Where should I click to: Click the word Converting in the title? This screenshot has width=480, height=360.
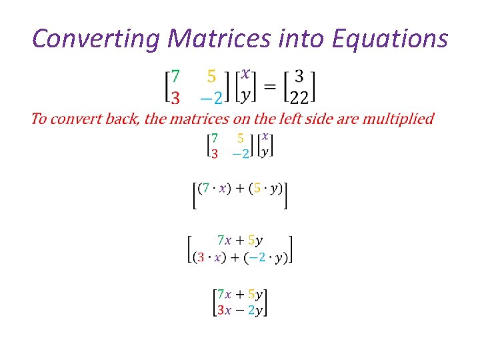(x=96, y=39)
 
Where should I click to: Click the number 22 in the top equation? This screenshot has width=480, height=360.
(x=299, y=97)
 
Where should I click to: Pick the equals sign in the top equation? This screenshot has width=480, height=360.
(x=269, y=87)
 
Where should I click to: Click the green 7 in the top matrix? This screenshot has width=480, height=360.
(x=175, y=75)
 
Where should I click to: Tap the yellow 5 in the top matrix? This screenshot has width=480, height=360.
(x=211, y=75)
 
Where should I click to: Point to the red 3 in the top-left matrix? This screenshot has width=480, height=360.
(x=175, y=98)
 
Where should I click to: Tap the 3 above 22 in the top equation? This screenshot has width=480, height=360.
(x=299, y=75)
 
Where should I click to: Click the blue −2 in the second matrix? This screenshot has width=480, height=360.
(x=240, y=153)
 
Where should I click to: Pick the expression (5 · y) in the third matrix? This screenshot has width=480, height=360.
(x=265, y=189)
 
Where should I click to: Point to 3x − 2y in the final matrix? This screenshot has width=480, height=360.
(x=239, y=309)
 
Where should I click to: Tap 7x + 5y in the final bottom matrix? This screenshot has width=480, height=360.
(x=239, y=294)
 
